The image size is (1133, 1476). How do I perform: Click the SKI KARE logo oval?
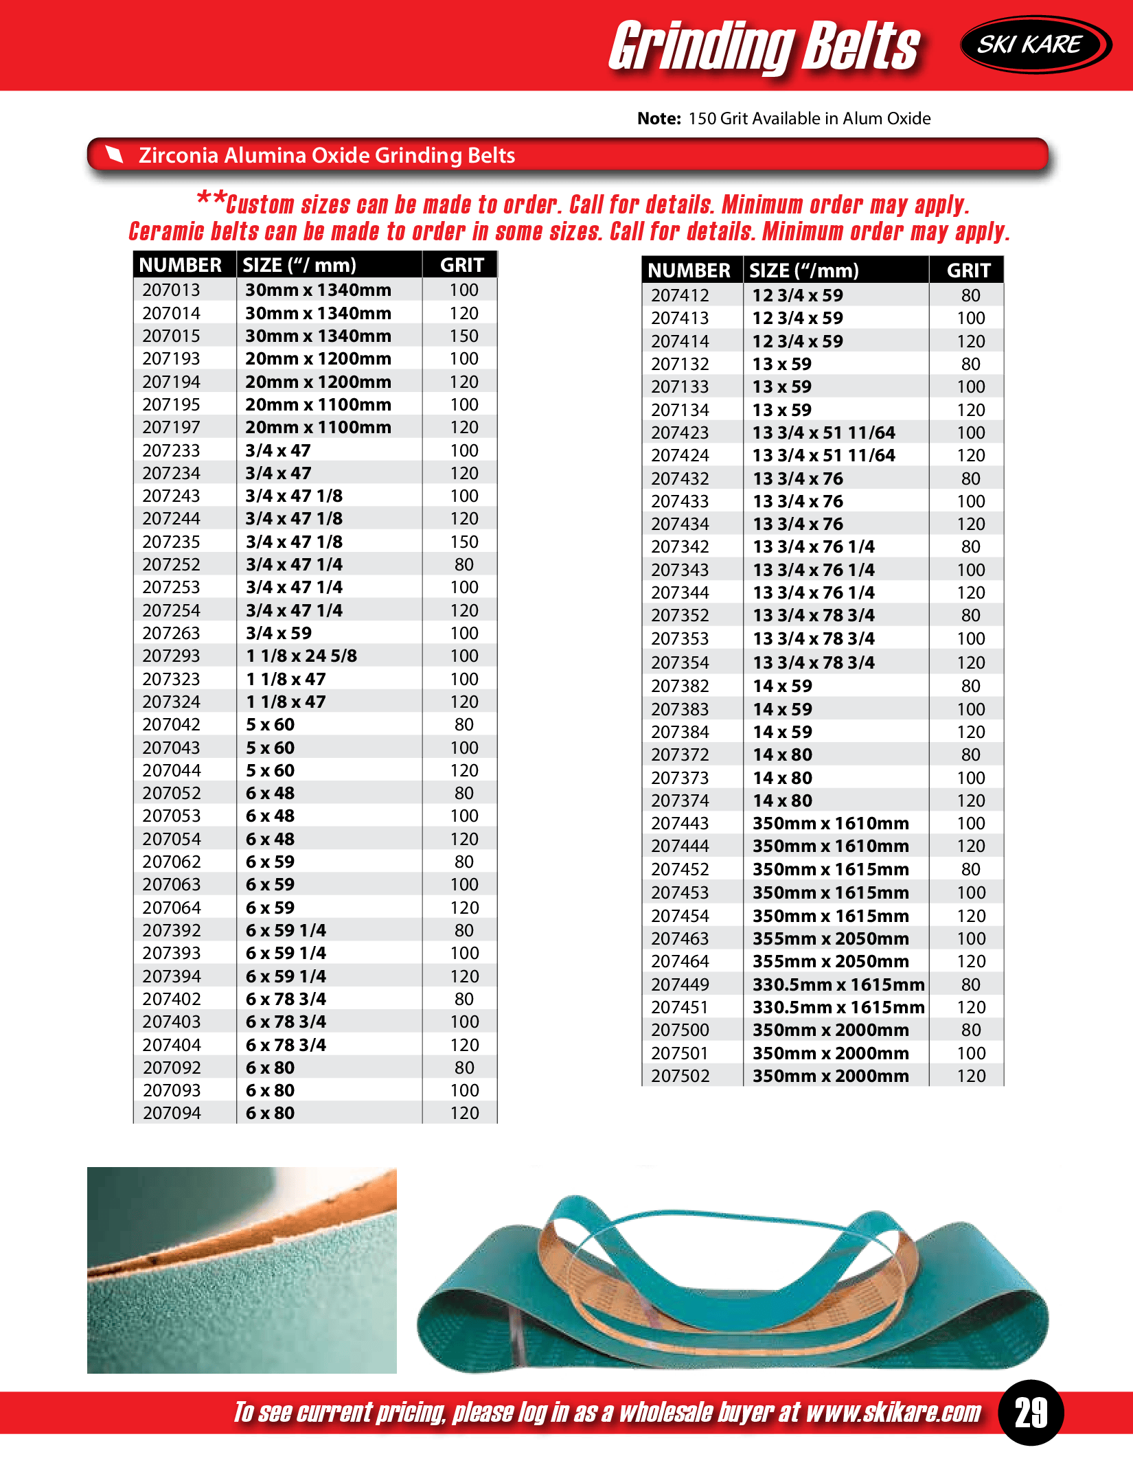click(1035, 45)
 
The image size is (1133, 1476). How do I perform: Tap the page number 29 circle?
click(1031, 1412)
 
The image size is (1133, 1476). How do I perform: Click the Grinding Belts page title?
click(764, 47)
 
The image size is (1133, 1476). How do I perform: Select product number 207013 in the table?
click(171, 290)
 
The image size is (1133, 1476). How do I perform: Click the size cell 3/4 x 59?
click(279, 633)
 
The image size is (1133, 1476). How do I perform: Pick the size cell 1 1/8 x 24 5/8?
click(301, 656)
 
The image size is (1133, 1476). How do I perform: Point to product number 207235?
click(171, 542)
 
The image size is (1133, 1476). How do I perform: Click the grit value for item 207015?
click(464, 336)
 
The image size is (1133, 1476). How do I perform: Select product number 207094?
click(172, 1113)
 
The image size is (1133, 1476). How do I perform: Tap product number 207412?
click(680, 295)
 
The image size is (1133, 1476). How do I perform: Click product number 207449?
click(680, 984)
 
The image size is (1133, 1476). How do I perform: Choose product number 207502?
click(680, 1076)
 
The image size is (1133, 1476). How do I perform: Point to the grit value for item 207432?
click(970, 478)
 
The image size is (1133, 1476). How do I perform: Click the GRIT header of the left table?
click(462, 265)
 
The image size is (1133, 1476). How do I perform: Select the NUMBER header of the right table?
click(689, 270)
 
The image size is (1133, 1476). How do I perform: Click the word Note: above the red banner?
click(659, 119)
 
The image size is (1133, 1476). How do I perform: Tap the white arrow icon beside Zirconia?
click(114, 155)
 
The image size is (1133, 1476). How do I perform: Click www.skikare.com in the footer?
click(893, 1412)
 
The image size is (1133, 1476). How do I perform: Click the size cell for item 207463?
click(830, 938)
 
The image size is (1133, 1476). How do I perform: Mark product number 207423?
click(680, 433)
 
